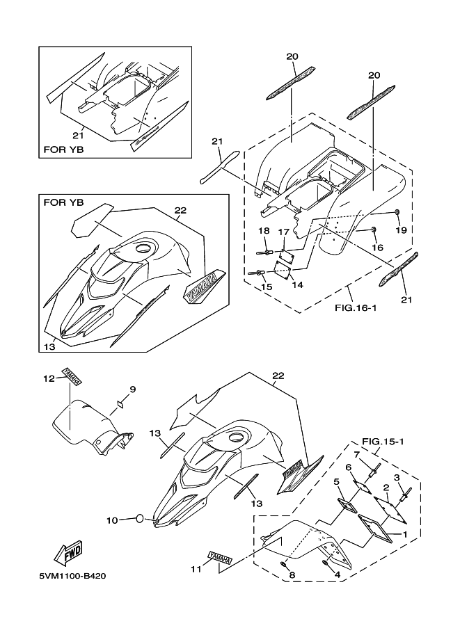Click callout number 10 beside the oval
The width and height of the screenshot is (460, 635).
point(111,519)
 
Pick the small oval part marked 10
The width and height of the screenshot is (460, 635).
point(140,518)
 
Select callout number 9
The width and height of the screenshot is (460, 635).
point(133,388)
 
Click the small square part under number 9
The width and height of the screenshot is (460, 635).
point(120,403)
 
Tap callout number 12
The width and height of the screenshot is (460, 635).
point(49,378)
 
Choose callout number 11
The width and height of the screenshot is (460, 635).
point(197,569)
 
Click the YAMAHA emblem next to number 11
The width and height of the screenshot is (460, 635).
point(218,557)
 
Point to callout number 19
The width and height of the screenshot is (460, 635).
point(402,230)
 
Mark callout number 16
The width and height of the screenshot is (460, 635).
point(377,247)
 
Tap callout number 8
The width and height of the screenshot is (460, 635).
point(292,574)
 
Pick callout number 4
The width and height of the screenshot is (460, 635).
point(337,574)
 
